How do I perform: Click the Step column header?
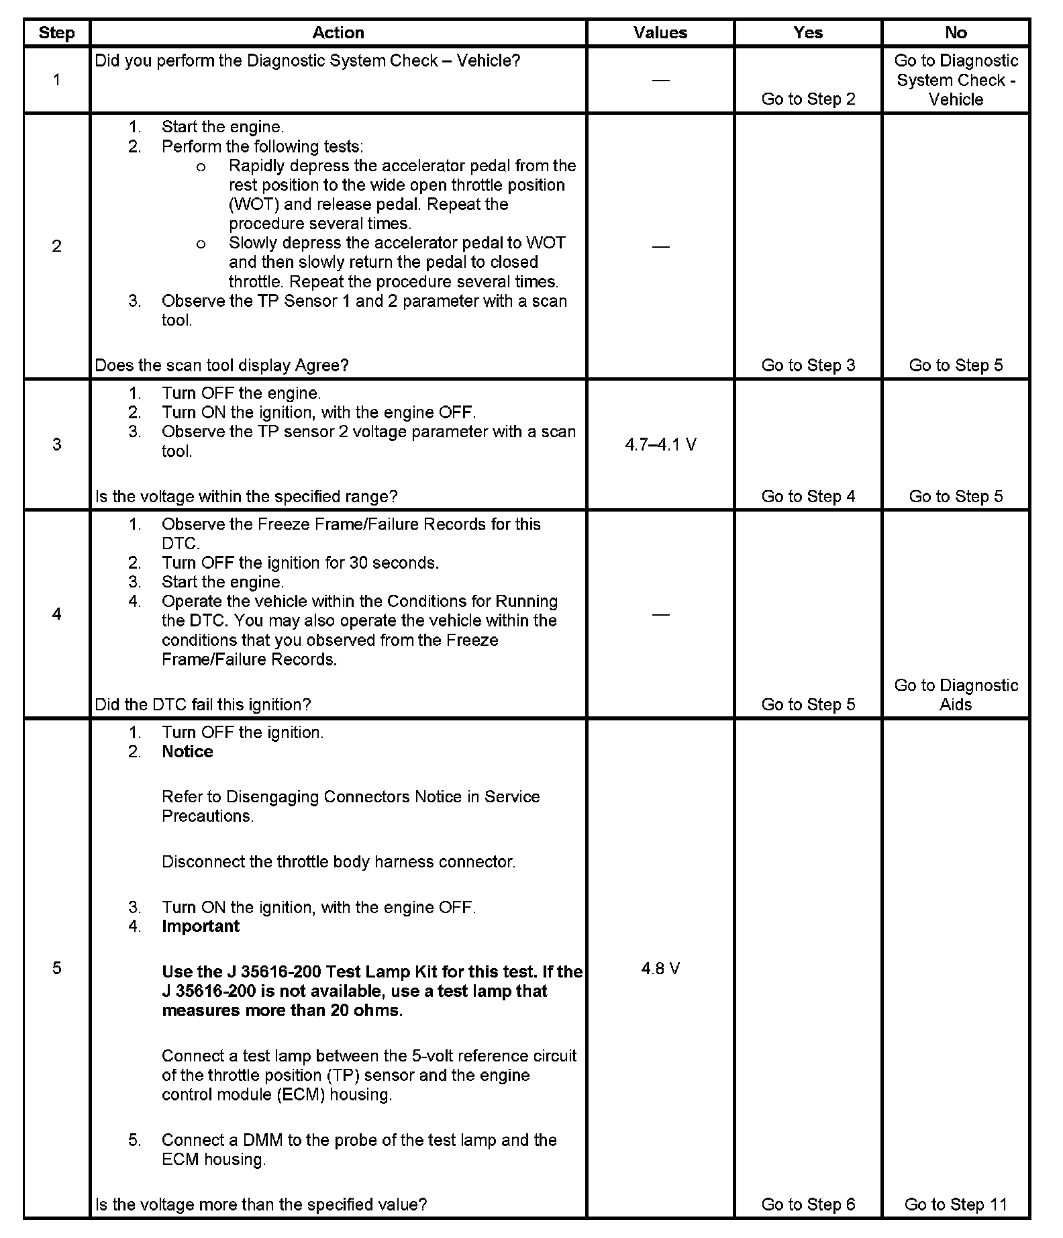pos(56,33)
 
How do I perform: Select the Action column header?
pos(338,33)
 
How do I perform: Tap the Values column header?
pos(660,33)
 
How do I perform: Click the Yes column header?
pos(808,33)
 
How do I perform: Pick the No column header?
pos(956,33)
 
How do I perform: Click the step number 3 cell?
pos(56,444)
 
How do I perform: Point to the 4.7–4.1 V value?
pos(660,444)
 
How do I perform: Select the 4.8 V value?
pos(660,968)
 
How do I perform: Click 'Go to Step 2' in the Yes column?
pos(808,99)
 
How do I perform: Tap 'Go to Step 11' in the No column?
pos(956,1204)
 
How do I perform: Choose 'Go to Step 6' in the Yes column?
pos(808,1204)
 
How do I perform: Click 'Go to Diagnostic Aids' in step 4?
pos(956,695)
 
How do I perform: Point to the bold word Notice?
pos(187,752)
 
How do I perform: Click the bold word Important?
pos(201,926)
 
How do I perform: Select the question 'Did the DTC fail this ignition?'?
pos(203,704)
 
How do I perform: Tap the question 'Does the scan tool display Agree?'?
pos(221,365)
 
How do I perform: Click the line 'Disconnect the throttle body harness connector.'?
pos(338,862)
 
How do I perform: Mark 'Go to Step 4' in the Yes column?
pos(808,496)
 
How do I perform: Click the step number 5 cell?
pos(56,968)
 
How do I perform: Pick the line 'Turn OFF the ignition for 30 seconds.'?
pos(300,563)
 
